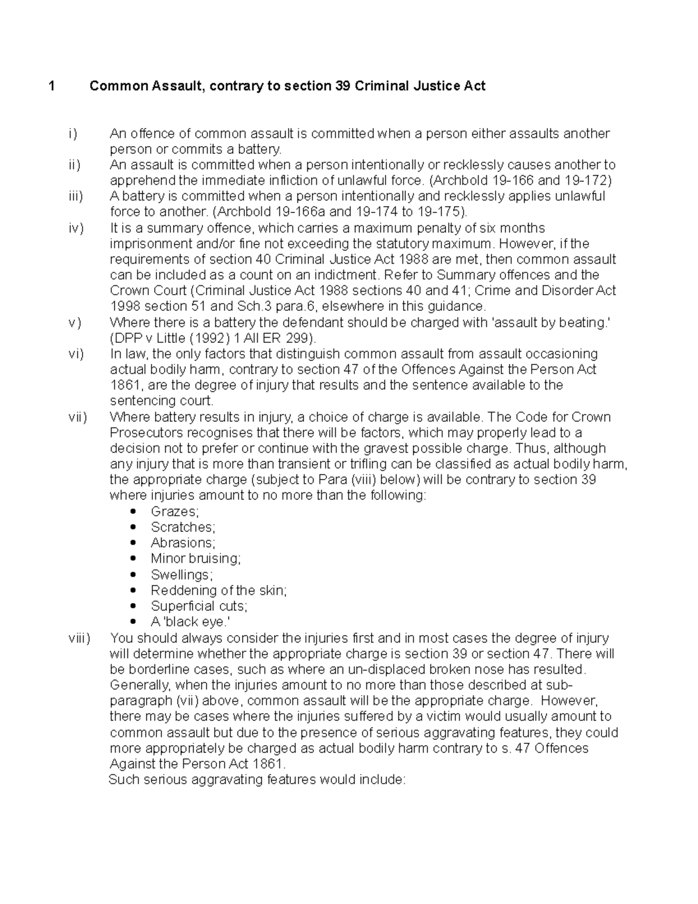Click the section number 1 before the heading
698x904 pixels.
pyautogui.click(x=52, y=87)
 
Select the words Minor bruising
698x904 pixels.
pyautogui.click(x=195, y=559)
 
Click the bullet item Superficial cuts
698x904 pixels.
pyautogui.click(x=199, y=607)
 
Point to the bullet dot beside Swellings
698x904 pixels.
pyautogui.click(x=134, y=575)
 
